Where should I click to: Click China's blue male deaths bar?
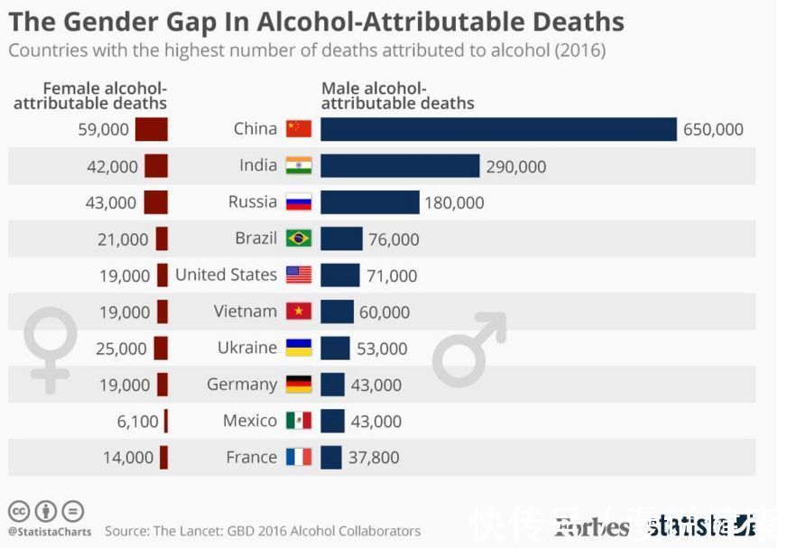click(498, 129)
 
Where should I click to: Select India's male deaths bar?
click(400, 166)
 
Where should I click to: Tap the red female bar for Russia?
click(156, 202)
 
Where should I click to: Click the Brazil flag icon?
click(299, 238)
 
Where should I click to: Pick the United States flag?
click(299, 275)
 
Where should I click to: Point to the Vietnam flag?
click(299, 311)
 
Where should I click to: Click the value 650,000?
click(713, 129)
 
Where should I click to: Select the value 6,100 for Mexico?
click(137, 422)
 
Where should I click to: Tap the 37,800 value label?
click(374, 458)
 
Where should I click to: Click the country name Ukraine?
click(247, 348)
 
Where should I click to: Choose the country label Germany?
click(242, 385)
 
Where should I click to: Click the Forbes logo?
click(591, 526)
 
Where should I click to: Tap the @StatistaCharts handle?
click(50, 532)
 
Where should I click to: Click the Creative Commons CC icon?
click(18, 511)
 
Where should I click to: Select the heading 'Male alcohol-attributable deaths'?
click(397, 96)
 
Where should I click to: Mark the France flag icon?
click(299, 458)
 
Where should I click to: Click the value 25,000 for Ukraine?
click(121, 348)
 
